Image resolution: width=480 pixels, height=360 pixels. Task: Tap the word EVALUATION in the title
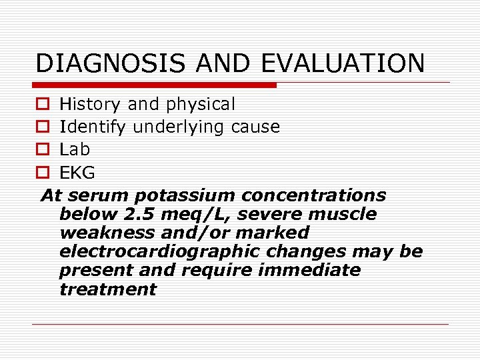343,63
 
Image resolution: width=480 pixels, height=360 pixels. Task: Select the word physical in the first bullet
201,105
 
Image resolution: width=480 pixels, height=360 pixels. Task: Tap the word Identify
93,127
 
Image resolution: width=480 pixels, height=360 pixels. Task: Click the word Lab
74,149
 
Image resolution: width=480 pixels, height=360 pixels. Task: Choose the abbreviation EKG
77,173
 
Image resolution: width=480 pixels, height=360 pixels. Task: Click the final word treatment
107,289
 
